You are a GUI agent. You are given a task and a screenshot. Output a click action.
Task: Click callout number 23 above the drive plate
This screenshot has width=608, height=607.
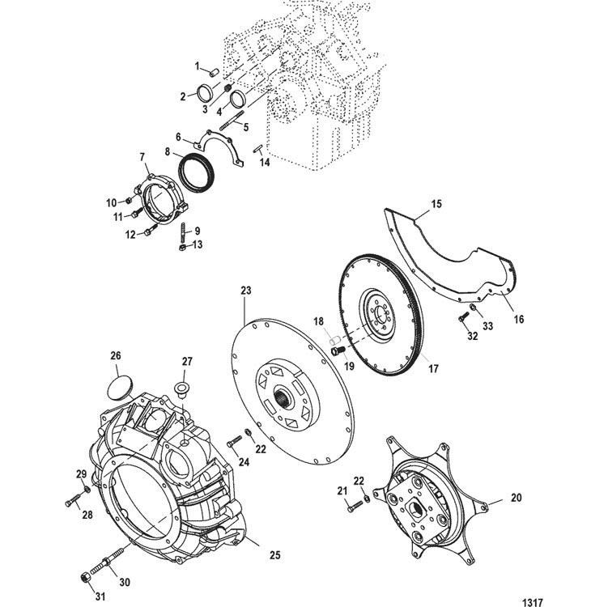245,290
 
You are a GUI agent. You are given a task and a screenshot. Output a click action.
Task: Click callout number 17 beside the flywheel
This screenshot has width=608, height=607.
433,369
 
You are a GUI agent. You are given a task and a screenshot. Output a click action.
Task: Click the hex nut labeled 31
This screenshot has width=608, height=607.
85,576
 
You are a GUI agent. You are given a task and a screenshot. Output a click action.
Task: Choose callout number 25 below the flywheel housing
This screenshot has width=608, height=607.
274,556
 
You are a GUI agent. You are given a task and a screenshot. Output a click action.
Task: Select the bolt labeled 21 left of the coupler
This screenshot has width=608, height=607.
352,506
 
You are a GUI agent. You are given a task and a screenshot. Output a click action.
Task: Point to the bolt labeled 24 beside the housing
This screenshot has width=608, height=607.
235,442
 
